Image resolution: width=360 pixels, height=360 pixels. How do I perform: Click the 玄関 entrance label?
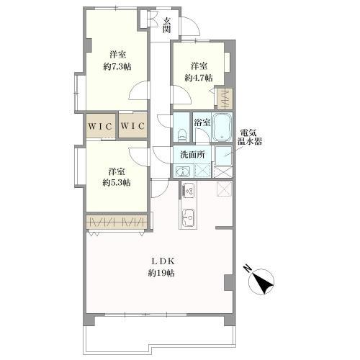[167, 26]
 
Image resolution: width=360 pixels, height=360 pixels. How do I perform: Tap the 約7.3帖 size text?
[117, 66]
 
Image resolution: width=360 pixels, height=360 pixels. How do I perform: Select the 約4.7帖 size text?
[199, 78]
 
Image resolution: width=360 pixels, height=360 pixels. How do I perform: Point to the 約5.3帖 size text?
[117, 183]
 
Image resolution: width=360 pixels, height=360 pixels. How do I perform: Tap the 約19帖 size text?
[161, 273]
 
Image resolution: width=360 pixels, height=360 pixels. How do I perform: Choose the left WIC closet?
[101, 126]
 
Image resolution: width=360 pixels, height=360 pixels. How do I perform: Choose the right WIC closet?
[132, 125]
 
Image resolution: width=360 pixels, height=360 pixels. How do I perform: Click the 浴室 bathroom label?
[202, 122]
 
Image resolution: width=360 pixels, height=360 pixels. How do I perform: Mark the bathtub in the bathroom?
[222, 127]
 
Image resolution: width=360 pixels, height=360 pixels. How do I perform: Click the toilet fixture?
[181, 135]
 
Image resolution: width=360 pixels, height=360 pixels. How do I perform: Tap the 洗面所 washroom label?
[192, 155]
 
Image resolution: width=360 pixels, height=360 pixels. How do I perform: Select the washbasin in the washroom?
[183, 171]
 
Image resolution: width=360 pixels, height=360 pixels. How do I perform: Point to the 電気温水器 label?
[250, 137]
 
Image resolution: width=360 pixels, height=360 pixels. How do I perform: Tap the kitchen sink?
[189, 217]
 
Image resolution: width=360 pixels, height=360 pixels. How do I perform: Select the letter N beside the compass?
[247, 269]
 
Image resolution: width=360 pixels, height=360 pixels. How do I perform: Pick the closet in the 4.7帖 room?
[225, 99]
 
